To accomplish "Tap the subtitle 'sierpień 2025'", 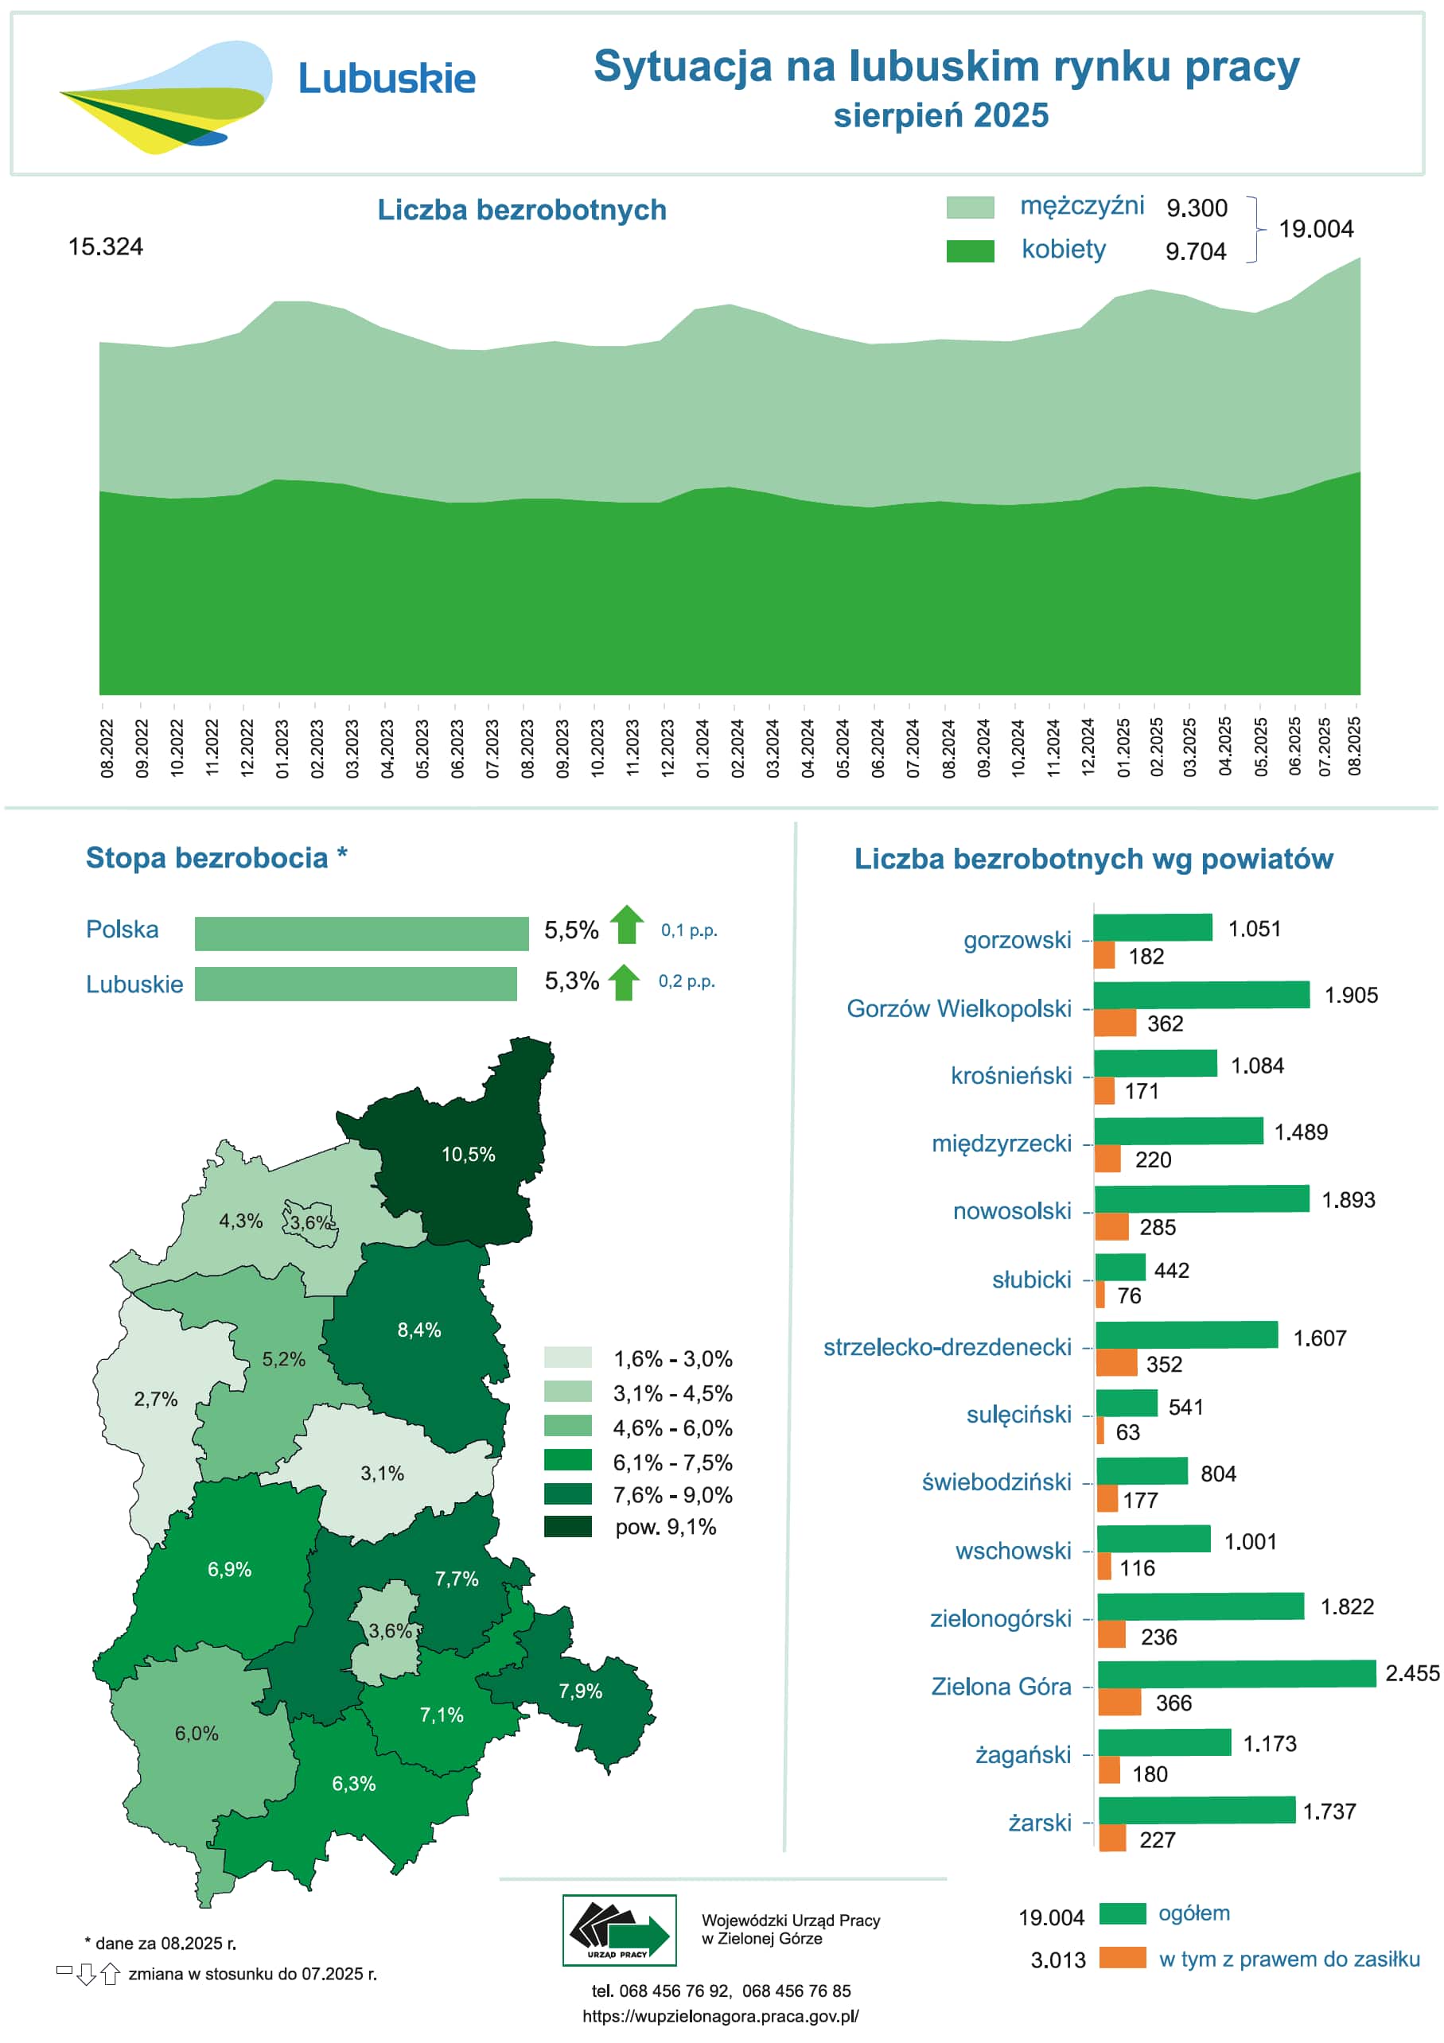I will [x=940, y=115].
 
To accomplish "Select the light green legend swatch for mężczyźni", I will [x=970, y=208].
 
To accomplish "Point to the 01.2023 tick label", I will [x=282, y=748].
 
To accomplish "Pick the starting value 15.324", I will [x=105, y=247].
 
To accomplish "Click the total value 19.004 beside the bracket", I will [x=1315, y=229].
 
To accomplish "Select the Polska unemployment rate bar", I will [x=360, y=934].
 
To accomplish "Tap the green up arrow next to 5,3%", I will [x=623, y=982].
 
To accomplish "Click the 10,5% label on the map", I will [x=469, y=1154].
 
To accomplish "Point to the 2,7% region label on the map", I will [x=156, y=1399].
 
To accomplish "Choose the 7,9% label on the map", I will [x=581, y=1691].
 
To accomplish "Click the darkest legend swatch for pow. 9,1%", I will [x=567, y=1526].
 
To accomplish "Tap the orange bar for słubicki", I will [x=1100, y=1295].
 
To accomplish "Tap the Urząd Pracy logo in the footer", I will [x=619, y=1930].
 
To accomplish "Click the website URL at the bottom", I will [x=720, y=2015].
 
